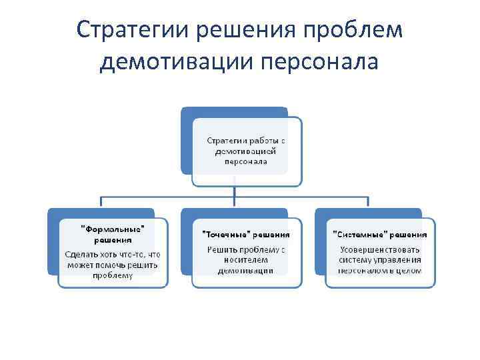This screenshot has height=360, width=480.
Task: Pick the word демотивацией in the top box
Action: (246, 151)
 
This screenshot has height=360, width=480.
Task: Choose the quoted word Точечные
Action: (224, 235)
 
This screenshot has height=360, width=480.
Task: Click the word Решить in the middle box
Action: (221, 250)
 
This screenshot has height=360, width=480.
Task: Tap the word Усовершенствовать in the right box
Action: (379, 250)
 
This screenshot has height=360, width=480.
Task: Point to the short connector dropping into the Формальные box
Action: (101, 203)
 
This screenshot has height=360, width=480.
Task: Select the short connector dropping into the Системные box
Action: (368, 203)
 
